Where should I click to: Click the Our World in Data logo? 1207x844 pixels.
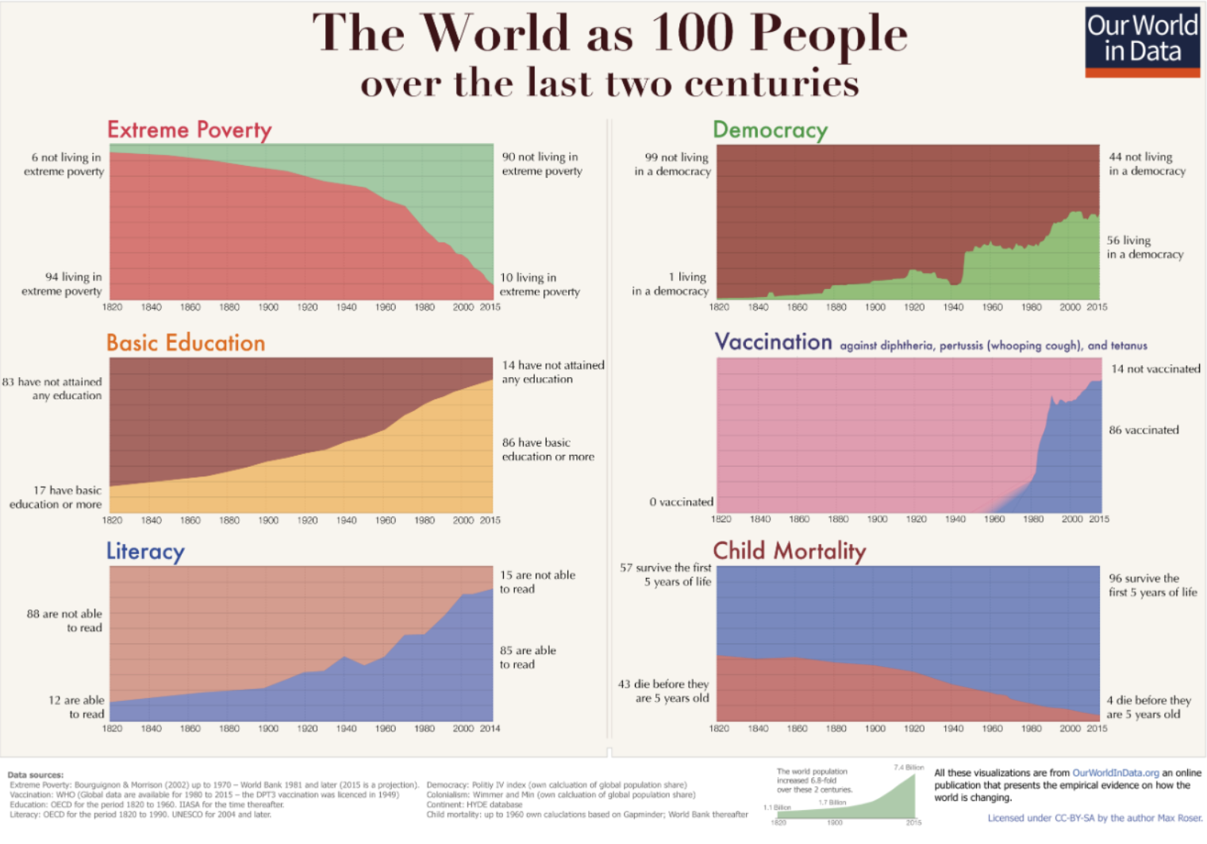(x=1142, y=42)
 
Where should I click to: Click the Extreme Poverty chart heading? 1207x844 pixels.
(x=190, y=129)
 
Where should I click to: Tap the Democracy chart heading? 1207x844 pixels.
(x=770, y=129)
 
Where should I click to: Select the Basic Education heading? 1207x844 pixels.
(x=186, y=343)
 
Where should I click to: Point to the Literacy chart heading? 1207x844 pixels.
(x=146, y=551)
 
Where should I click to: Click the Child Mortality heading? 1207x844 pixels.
(x=789, y=550)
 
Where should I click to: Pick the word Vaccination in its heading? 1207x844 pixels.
(x=774, y=342)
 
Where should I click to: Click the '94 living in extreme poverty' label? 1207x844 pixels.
(x=63, y=283)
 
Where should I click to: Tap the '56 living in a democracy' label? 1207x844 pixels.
(x=1144, y=247)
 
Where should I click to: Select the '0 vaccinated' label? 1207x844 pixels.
(x=681, y=502)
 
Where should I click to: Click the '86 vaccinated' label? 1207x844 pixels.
(x=1144, y=430)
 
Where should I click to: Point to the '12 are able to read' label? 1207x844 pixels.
(x=77, y=707)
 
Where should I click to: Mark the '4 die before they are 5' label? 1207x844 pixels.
(x=1148, y=707)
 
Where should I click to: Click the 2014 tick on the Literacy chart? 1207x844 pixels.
(x=490, y=728)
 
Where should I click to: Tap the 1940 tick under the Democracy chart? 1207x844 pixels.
(x=953, y=307)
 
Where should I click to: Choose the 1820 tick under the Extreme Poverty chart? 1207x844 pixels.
(x=112, y=307)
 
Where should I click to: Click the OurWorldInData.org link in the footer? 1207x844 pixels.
(x=1115, y=773)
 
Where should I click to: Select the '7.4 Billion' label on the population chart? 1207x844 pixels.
(x=909, y=767)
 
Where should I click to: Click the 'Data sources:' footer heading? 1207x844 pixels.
(x=36, y=775)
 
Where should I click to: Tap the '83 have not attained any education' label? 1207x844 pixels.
(x=53, y=388)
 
